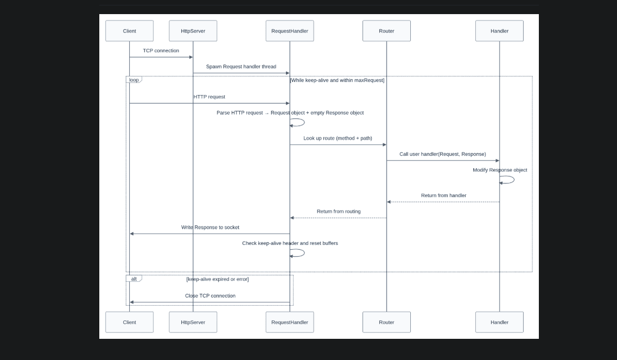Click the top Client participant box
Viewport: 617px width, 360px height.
click(x=129, y=31)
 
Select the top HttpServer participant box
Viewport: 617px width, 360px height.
click(x=193, y=31)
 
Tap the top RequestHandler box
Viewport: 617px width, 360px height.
click(x=290, y=31)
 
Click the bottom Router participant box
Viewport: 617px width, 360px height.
click(x=386, y=322)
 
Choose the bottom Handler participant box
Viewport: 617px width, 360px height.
click(x=499, y=322)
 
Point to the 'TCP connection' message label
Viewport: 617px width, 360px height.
click(x=161, y=50)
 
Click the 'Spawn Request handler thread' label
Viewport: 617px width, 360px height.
click(x=241, y=67)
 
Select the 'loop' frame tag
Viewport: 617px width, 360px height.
click(x=133, y=80)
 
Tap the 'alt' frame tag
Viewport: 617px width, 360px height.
click(x=133, y=279)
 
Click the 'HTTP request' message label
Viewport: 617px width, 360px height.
click(x=209, y=97)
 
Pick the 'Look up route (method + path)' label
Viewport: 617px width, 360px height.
click(x=338, y=138)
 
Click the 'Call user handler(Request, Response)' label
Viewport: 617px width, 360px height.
click(x=442, y=154)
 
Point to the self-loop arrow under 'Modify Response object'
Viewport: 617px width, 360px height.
click(x=508, y=180)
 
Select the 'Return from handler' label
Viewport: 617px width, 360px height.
click(x=443, y=195)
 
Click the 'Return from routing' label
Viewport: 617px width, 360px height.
click(x=339, y=211)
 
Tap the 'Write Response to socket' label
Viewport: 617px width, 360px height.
click(x=210, y=228)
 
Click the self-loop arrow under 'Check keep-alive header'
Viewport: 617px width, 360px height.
click(x=298, y=253)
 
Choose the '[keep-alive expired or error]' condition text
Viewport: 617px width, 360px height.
click(x=217, y=279)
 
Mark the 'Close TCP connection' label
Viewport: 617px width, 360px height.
click(x=210, y=296)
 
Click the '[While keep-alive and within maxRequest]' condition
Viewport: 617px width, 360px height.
click(x=337, y=80)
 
